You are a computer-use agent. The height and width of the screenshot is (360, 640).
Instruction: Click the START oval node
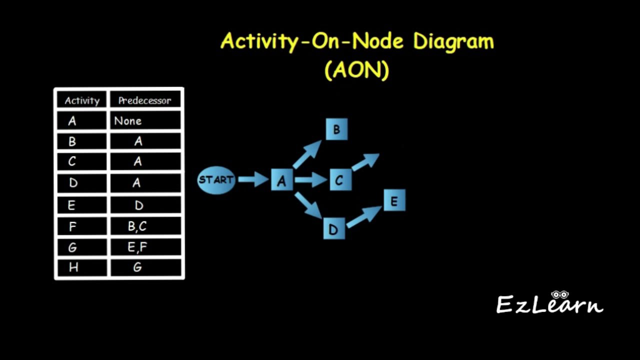coord(216,180)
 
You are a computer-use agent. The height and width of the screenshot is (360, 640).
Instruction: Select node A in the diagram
coord(281,180)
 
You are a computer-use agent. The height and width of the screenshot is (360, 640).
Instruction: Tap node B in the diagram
coord(336,129)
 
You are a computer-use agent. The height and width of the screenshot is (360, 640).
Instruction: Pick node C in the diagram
coord(340,180)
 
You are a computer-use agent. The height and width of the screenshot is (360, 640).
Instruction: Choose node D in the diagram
coord(334,228)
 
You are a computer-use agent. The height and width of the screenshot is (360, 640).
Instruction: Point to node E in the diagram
coord(394,200)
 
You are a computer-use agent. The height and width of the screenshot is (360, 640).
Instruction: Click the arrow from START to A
coord(253,179)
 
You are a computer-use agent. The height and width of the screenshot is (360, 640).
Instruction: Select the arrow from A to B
coord(306,154)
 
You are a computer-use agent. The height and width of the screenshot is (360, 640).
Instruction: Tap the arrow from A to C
coord(310,179)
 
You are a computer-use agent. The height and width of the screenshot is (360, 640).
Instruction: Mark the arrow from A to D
coord(307,205)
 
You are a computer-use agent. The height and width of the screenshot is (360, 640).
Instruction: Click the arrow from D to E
coord(364,216)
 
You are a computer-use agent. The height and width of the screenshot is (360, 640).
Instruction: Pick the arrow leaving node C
coord(365,162)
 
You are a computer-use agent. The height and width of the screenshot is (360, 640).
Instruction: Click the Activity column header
coord(82,100)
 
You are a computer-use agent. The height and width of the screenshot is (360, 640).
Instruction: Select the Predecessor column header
coord(145,100)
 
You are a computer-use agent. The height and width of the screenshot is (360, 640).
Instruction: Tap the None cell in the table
coord(128,121)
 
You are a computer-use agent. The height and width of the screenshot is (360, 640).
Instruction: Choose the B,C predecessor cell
coord(137,226)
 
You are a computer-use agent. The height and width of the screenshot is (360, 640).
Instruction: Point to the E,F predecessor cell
coord(137,247)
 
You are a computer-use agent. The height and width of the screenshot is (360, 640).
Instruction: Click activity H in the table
coord(73,267)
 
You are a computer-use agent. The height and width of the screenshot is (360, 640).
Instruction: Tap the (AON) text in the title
coord(356,70)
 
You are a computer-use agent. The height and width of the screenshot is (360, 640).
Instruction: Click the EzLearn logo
coord(549,303)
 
